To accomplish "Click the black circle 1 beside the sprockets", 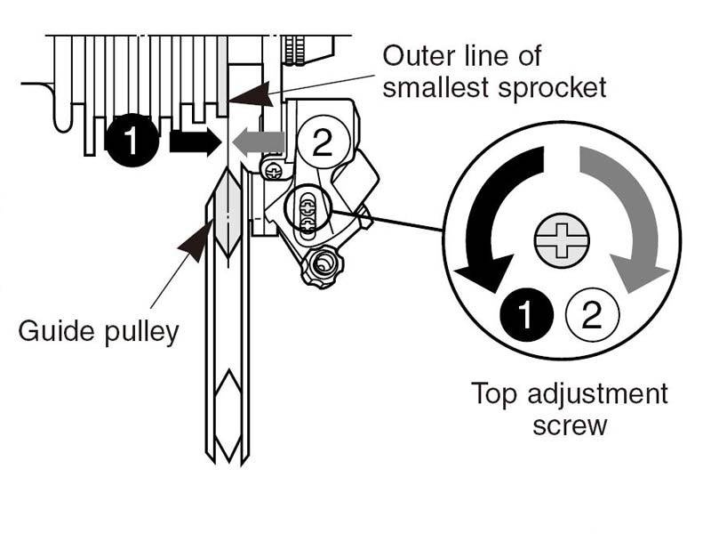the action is click(132, 140).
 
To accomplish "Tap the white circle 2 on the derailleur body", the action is click(324, 143).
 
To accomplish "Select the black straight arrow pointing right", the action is click(195, 142).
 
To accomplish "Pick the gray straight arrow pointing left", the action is click(259, 142).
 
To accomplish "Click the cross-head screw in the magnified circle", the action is click(562, 240).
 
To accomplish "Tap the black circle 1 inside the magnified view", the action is click(526, 314).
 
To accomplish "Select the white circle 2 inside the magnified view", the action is click(592, 314).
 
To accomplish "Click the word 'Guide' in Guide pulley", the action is click(57, 331).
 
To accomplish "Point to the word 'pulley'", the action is click(142, 333).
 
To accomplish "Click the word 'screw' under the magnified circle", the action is click(570, 426).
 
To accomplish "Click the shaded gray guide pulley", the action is click(228, 213).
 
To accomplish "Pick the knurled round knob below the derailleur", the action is click(321, 266).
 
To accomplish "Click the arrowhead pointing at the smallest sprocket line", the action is click(251, 94).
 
